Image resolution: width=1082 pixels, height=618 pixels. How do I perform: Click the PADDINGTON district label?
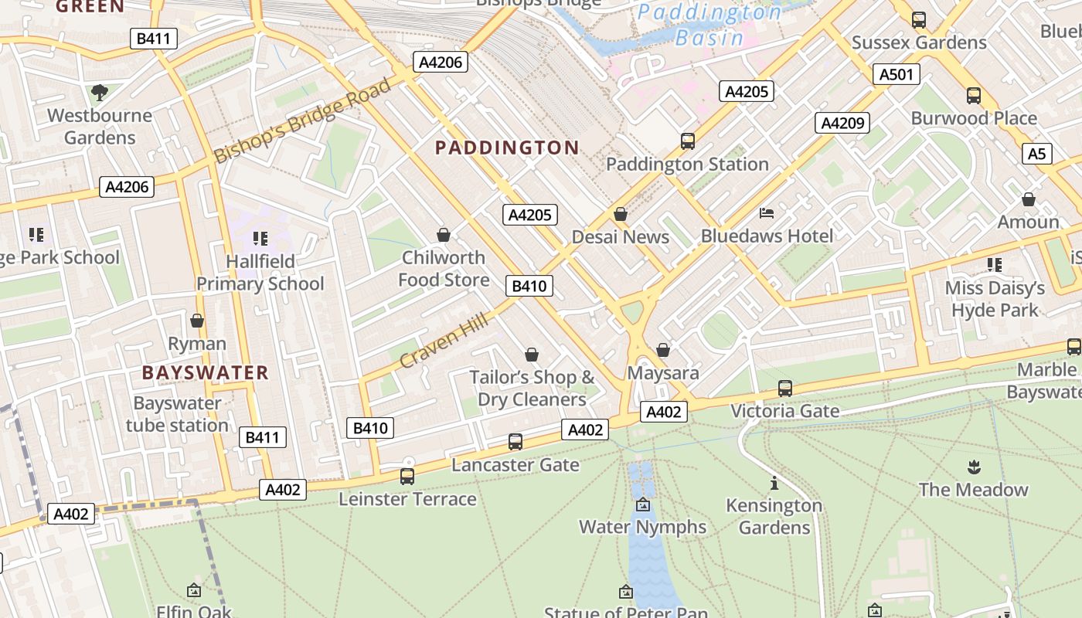tap(507, 148)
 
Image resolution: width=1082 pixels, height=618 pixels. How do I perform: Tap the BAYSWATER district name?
tap(205, 373)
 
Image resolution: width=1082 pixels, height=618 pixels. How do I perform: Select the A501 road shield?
tap(897, 75)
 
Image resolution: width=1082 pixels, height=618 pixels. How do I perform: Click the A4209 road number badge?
tap(842, 123)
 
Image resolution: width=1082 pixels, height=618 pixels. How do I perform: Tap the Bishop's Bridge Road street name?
tap(302, 121)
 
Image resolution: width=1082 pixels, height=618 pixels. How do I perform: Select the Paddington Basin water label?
tap(709, 25)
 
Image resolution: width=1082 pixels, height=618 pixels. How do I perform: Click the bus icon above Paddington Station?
tap(687, 141)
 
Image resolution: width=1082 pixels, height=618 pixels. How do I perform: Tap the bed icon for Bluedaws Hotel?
tap(767, 213)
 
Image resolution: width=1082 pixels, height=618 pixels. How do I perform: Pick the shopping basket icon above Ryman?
tap(197, 321)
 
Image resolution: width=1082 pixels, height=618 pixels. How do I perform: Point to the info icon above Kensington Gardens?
tap(774, 484)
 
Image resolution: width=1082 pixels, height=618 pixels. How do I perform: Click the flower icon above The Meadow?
tap(973, 467)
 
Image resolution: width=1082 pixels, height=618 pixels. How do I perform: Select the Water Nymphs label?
tap(642, 527)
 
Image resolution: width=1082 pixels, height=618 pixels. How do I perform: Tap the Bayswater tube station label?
tap(177, 414)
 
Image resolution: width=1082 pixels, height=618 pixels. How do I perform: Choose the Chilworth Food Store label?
tap(444, 268)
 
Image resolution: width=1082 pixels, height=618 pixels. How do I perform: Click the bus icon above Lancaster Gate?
tap(515, 442)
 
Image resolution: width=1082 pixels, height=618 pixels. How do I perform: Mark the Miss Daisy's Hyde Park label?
tap(995, 299)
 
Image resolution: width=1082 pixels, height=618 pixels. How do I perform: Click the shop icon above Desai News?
tap(620, 214)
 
